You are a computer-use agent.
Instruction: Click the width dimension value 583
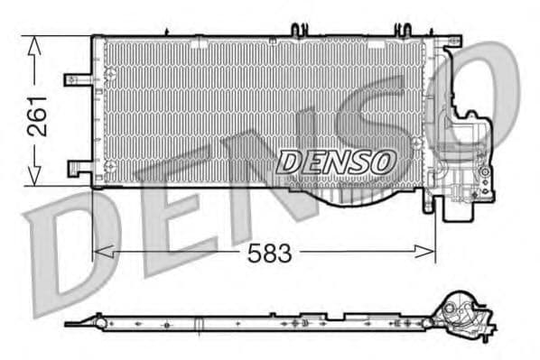270,254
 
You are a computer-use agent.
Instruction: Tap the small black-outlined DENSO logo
336,162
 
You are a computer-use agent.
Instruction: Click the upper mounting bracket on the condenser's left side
77,78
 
